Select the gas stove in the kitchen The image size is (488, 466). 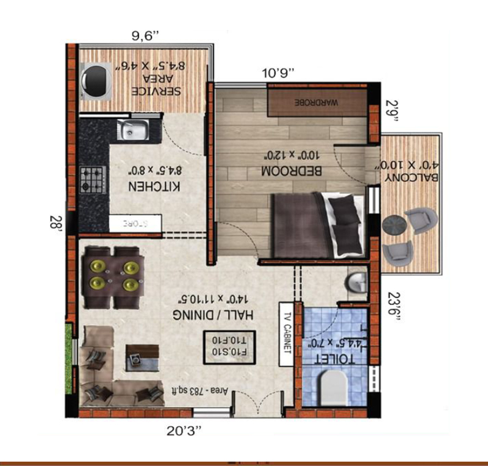(x=92, y=179)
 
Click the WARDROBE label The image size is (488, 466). (x=317, y=102)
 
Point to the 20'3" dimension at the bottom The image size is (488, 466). (x=184, y=431)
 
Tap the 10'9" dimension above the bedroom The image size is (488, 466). (x=278, y=72)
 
